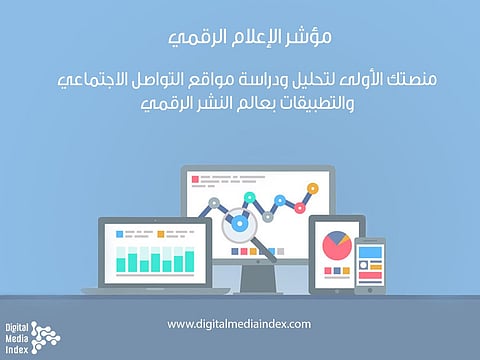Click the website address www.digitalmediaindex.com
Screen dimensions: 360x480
(x=239, y=324)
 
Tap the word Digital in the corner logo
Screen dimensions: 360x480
(x=17, y=328)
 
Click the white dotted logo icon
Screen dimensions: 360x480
(x=46, y=337)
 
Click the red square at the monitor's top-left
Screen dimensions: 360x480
(x=192, y=181)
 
